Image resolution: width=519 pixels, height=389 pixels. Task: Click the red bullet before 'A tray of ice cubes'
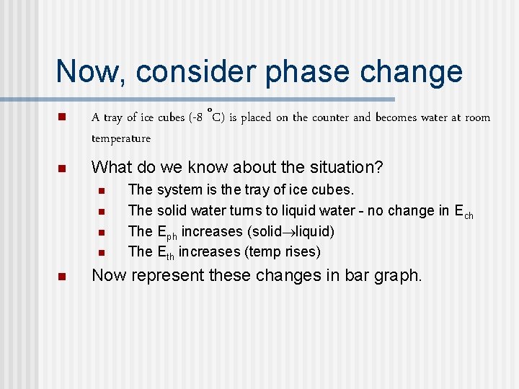click(x=61, y=117)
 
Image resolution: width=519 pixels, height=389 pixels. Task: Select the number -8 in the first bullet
click(x=197, y=117)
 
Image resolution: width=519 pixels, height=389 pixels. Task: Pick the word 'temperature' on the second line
click(x=121, y=138)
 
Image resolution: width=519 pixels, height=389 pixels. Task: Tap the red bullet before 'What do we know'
click(x=61, y=169)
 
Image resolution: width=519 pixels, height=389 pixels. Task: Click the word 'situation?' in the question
click(x=345, y=168)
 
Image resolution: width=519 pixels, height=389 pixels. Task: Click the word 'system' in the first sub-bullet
click(x=177, y=190)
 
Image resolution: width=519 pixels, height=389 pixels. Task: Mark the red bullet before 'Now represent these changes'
click(x=61, y=277)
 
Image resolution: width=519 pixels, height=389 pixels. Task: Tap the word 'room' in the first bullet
click(x=477, y=117)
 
